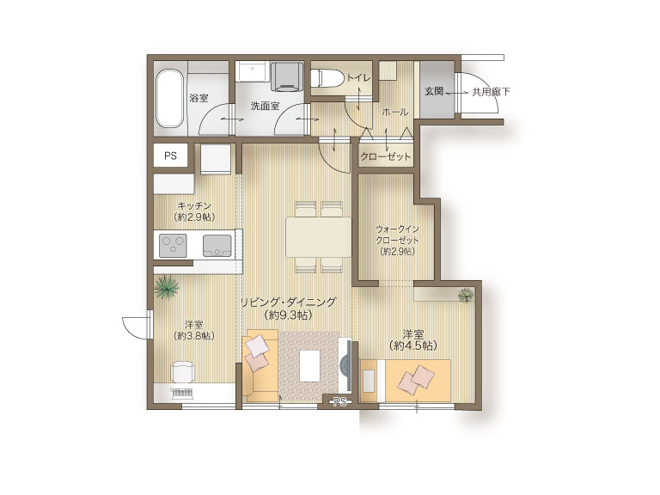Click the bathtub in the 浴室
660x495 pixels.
click(x=170, y=98)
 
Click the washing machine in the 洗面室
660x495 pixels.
click(x=288, y=76)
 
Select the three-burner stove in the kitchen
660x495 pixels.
click(x=173, y=245)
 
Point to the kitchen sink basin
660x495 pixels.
click(x=217, y=246)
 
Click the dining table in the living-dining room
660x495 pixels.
click(x=319, y=237)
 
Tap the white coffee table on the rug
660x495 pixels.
click(x=309, y=366)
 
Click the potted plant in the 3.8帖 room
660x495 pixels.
click(x=167, y=287)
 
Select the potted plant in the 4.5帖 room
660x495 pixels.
click(x=466, y=294)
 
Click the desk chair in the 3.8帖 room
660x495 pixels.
click(x=183, y=371)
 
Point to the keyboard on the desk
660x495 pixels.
click(x=182, y=394)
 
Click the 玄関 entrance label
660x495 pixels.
click(x=433, y=91)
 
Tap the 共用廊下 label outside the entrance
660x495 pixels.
click(x=491, y=91)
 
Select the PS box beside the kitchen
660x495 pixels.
click(x=170, y=156)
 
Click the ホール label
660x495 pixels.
click(x=394, y=112)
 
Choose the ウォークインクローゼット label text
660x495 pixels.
click(x=397, y=235)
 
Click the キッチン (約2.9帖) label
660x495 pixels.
click(x=194, y=211)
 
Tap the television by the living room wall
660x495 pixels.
click(x=346, y=364)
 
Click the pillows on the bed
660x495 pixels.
click(x=417, y=379)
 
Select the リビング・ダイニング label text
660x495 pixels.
click(x=288, y=302)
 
